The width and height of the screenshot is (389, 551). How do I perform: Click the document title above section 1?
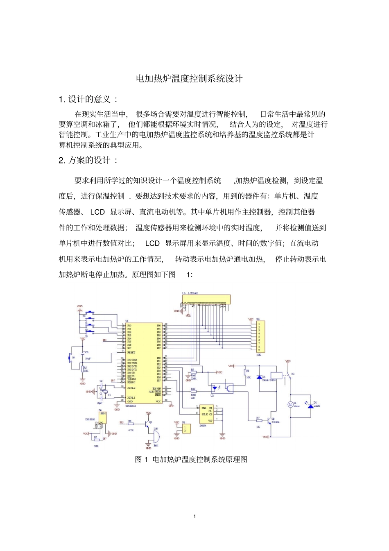pyautogui.click(x=189, y=79)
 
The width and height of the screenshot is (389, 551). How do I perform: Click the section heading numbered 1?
pyautogui.click(x=88, y=99)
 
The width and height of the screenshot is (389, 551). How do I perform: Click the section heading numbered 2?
pyautogui.click(x=88, y=160)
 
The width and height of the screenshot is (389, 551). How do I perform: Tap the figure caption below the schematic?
pyautogui.click(x=191, y=459)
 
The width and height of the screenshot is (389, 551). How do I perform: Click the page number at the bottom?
pyautogui.click(x=194, y=516)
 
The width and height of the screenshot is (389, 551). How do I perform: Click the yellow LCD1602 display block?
pyautogui.click(x=207, y=299)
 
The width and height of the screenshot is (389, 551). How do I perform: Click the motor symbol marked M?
pyautogui.click(x=290, y=405)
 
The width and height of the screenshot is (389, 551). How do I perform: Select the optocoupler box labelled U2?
pyautogui.click(x=222, y=388)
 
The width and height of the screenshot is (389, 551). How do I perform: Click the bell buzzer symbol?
pyautogui.click(x=155, y=438)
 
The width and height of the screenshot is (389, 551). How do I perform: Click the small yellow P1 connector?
pyautogui.click(x=186, y=428)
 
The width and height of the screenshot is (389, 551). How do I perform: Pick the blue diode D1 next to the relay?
pyautogui.click(x=259, y=377)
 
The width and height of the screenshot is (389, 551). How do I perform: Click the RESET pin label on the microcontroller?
pyautogui.click(x=131, y=352)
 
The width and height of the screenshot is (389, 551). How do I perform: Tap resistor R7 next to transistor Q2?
pyautogui.click(x=259, y=420)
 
